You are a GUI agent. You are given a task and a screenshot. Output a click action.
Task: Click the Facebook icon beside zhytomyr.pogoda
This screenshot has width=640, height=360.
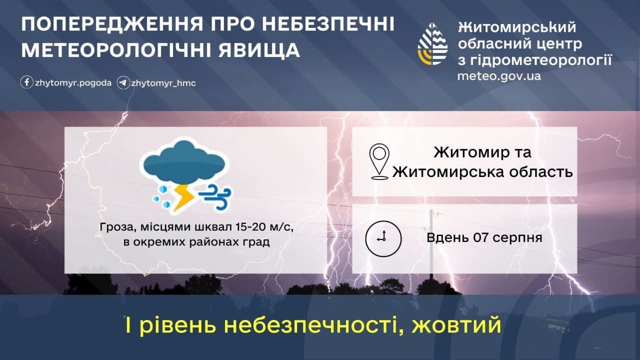pos(26,82)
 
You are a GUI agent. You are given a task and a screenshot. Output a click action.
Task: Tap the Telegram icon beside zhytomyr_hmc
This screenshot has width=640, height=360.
pos(123,83)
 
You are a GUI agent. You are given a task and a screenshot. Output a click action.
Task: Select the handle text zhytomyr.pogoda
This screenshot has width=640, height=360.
pos(73,83)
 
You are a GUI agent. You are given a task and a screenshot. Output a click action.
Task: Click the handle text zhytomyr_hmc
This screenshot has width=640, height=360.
pos(163,83)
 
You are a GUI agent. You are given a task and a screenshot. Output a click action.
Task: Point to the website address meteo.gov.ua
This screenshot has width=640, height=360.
pos(499,76)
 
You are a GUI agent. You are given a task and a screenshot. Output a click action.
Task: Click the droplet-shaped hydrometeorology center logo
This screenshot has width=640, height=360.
pos(432,43)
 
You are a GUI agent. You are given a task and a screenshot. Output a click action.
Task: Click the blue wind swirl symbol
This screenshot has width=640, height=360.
pos(215,196)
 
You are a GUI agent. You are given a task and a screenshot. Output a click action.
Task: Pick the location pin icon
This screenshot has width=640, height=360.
pos(379,161)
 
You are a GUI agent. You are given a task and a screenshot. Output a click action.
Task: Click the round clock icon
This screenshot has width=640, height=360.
pos(383,238)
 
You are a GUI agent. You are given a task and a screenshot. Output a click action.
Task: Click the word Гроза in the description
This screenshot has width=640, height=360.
pos(115,227)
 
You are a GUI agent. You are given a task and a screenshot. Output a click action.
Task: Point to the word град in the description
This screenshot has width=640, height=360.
pos(256,242)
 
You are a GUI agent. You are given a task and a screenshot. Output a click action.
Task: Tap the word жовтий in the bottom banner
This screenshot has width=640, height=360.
pos(456,325)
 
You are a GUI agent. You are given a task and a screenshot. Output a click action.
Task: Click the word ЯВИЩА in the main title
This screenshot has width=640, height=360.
pos(259,50)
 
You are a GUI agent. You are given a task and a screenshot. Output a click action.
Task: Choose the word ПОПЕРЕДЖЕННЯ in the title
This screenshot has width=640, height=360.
pos(111,24)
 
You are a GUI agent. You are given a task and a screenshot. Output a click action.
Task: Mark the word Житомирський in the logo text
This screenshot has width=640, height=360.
pos(517,27)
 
